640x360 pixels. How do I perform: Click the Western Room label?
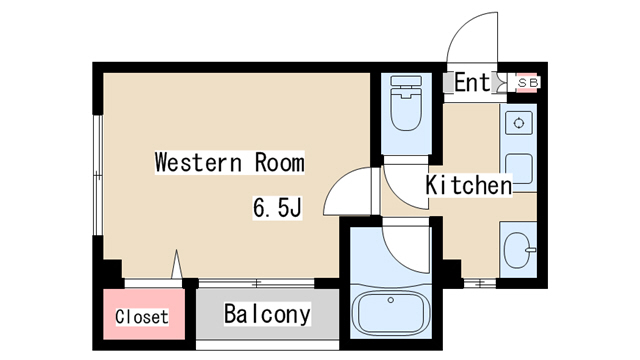tap(229, 162)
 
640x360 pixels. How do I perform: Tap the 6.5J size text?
tap(277, 208)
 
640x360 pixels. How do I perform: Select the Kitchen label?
tap(469, 185)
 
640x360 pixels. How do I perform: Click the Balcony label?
tap(267, 314)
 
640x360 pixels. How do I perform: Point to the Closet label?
tap(142, 317)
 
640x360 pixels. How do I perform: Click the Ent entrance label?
tap(472, 82)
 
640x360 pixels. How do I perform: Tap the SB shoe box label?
tap(528, 83)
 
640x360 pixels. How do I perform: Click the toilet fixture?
tap(406, 103)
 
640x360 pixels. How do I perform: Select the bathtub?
tap(391, 313)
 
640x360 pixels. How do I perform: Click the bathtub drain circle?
tap(391, 300)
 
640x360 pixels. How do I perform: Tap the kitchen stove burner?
tap(519, 122)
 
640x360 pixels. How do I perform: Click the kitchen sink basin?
tap(519, 169)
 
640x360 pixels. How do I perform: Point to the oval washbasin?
tap(518, 250)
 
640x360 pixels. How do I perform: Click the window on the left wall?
tap(98, 175)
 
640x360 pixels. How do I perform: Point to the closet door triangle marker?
tap(177, 264)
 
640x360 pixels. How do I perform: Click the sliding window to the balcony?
tap(256, 283)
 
